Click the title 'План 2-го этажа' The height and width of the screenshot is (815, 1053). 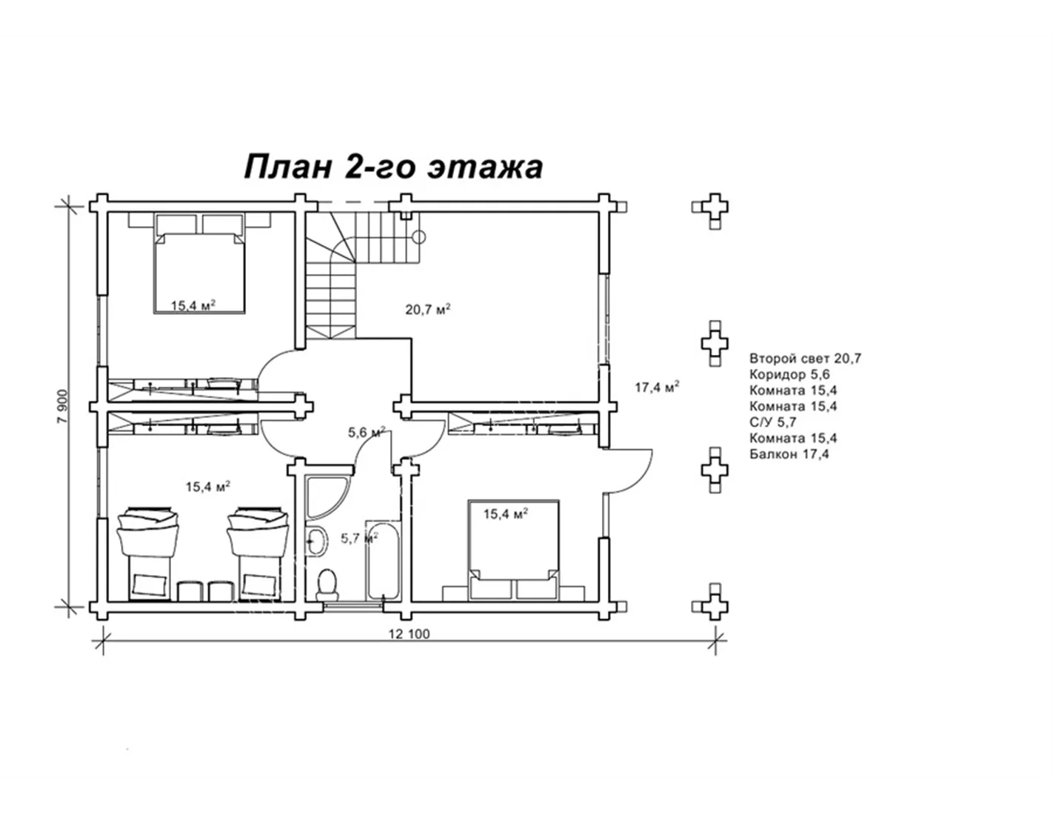[x=393, y=167]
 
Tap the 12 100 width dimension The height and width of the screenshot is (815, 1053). [x=409, y=633]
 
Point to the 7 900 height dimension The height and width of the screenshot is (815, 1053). [x=63, y=406]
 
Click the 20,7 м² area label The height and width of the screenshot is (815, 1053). [x=428, y=309]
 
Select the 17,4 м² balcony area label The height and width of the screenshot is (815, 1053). [x=657, y=387]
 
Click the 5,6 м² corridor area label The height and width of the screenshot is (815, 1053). [x=367, y=431]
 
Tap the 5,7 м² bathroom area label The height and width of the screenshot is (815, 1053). [x=360, y=538]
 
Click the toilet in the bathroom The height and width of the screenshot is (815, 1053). [x=327, y=585]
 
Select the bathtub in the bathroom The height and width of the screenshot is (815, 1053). [x=384, y=561]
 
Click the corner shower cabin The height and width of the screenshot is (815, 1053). [x=326, y=497]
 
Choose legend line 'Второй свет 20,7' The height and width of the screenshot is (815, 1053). [x=806, y=359]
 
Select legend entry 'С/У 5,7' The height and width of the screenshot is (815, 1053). [x=773, y=422]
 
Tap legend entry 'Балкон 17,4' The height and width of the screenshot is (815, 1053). [x=789, y=454]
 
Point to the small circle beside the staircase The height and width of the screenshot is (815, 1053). [x=418, y=237]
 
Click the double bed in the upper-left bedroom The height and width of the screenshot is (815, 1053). [x=199, y=265]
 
